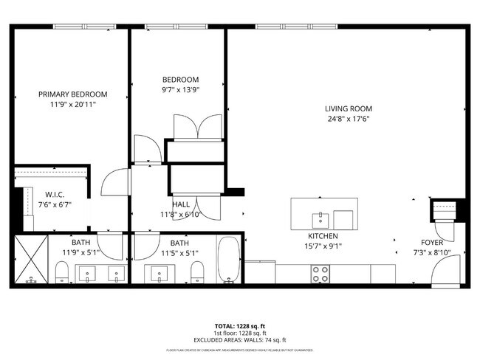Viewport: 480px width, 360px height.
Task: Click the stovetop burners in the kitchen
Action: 320,274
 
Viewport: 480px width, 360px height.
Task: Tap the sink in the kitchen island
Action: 320,219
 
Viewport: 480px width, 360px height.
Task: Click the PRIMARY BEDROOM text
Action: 72,94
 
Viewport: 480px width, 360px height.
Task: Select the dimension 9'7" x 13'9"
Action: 181,89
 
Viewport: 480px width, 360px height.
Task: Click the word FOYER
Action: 432,242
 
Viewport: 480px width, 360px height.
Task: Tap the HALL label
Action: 181,204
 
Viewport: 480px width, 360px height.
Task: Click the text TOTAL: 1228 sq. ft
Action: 240,325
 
